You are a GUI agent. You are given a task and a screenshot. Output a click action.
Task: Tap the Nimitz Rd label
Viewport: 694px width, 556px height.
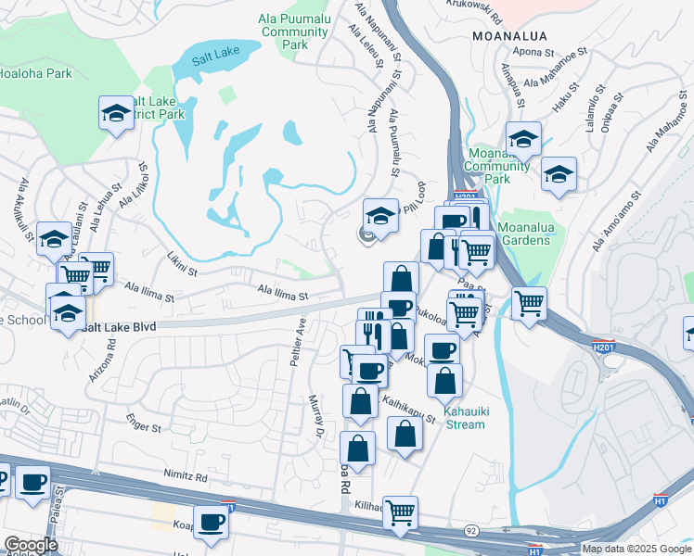pos(186,474)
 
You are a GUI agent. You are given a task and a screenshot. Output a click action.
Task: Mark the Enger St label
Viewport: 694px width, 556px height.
pos(145,428)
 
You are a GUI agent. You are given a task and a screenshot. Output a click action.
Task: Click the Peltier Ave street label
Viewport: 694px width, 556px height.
pos(299,341)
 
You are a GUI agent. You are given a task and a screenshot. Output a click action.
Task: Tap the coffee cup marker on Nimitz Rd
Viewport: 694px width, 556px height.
pos(33,484)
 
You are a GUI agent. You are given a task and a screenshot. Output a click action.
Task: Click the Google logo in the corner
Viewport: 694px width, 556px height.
pos(31,545)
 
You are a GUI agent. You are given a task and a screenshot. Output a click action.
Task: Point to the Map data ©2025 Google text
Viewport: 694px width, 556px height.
pos(636,549)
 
